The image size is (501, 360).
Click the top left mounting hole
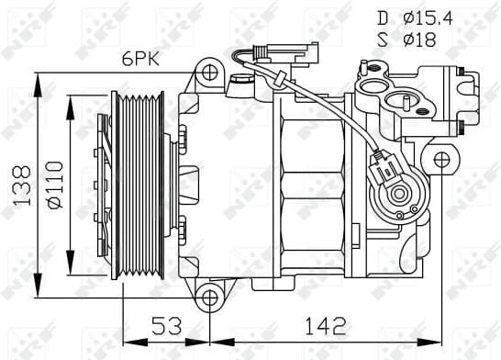tap(210, 72)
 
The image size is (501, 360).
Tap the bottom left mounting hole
tap(210, 296)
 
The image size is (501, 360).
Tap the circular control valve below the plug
tap(398, 195)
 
